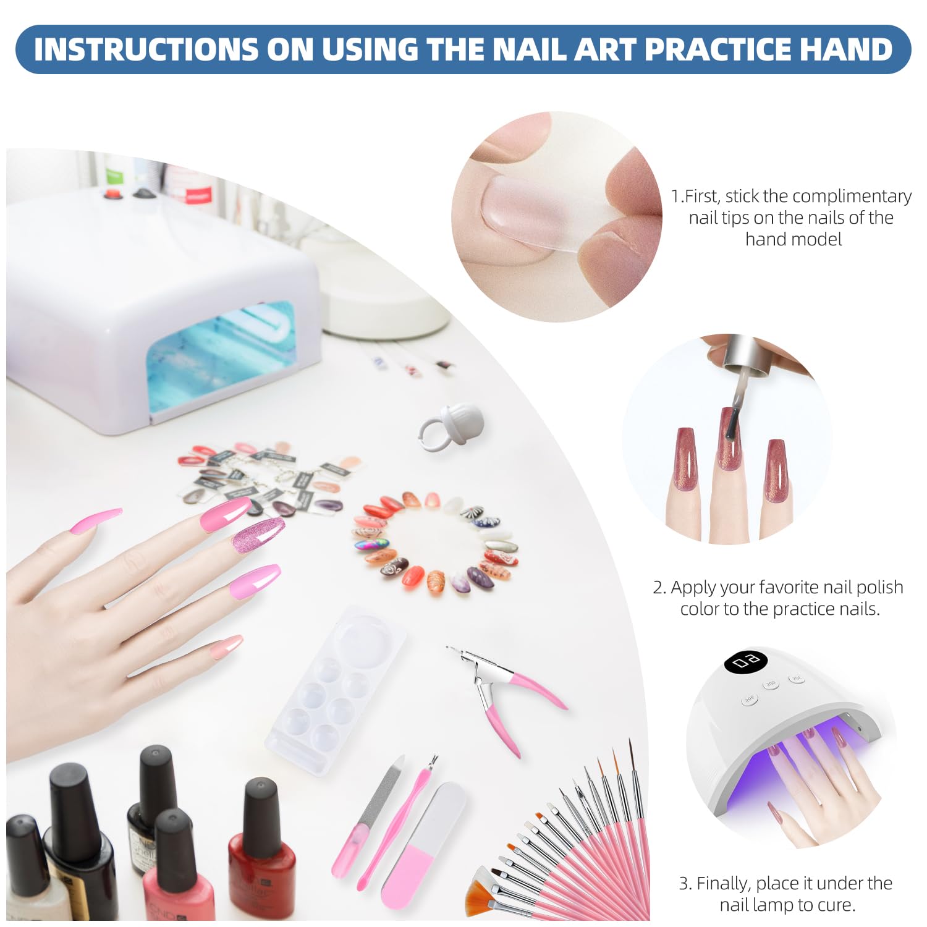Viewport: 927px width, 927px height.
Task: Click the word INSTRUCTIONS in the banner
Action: click(146, 49)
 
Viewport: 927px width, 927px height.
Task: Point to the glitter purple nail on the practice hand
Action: click(258, 535)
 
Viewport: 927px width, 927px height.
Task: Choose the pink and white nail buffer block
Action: click(423, 844)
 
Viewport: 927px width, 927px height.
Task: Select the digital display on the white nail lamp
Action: click(745, 662)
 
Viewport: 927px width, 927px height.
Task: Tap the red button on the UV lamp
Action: click(112, 194)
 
